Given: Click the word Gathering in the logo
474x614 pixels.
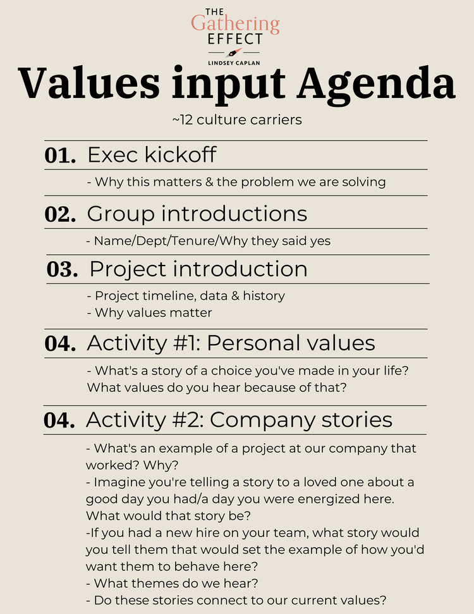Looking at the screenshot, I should tap(235, 24).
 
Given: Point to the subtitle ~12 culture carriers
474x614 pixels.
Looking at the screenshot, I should tap(237, 120).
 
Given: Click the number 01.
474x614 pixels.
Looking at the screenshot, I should tap(60, 156).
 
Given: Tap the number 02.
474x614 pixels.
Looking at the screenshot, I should tap(60, 214).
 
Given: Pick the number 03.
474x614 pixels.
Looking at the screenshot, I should tap(62, 269).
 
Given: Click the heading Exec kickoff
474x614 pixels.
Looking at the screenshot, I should tap(152, 155).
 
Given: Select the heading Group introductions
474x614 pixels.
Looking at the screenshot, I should tap(197, 213).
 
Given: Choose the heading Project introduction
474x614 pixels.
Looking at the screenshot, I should tap(198, 269).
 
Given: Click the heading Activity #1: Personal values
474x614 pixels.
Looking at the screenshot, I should tap(231, 343).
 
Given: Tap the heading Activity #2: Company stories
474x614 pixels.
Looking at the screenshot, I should tap(239, 419).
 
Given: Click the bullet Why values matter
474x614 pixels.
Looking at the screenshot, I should tap(149, 312).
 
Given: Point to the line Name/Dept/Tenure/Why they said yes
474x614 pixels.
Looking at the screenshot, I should tap(208, 241).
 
